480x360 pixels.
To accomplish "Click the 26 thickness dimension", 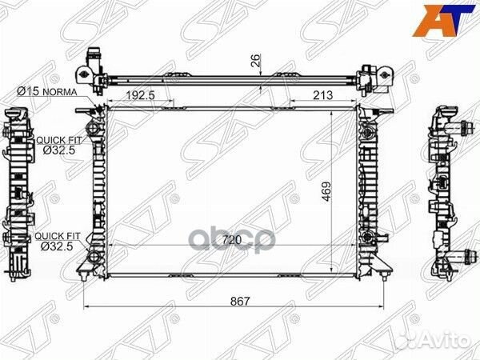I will (x=255, y=59).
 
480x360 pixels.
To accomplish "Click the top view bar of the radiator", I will (x=232, y=80).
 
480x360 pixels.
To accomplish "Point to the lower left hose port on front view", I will (x=94, y=258).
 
